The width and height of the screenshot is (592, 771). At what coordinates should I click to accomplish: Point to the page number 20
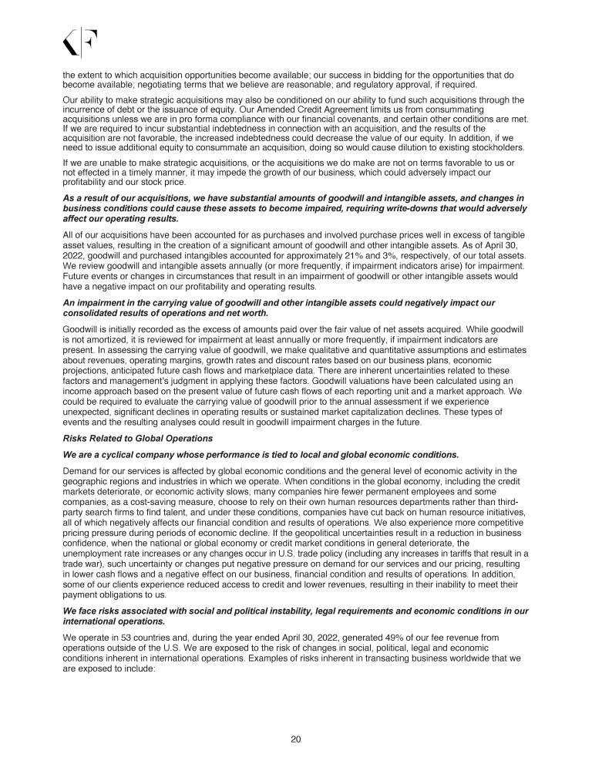click(295, 739)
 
